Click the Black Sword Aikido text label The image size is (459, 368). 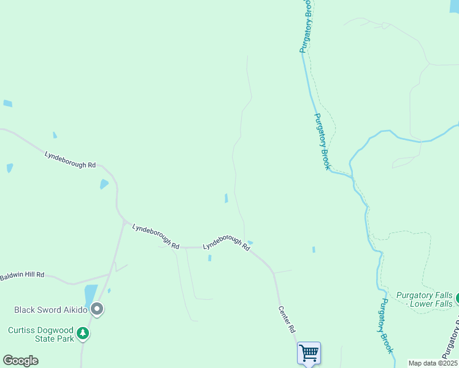48,310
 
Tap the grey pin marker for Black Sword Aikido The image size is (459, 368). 96,310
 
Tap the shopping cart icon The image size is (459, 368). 309,353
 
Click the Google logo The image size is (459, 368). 20,361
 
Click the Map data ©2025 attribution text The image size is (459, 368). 432,363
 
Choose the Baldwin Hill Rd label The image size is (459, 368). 23,275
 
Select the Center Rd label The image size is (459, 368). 287,320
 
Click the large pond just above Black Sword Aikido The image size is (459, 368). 91,294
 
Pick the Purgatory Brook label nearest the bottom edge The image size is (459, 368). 385,326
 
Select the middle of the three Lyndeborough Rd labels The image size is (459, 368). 155,236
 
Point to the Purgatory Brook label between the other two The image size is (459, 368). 323,142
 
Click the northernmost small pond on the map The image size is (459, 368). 7,104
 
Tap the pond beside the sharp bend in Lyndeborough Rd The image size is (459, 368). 104,184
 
